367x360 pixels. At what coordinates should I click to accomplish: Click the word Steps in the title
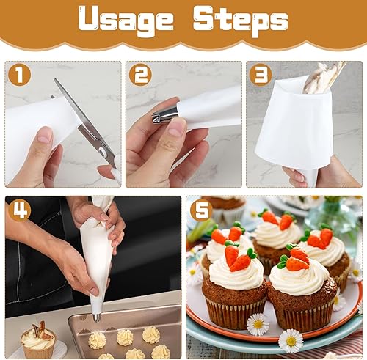[241, 21]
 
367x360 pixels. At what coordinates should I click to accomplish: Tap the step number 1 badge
[19, 75]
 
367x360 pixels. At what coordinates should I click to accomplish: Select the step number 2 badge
[140, 75]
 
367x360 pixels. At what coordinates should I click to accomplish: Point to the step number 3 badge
[261, 75]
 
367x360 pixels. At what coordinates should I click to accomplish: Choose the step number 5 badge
[201, 210]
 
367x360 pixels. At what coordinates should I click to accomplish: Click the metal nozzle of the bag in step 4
[97, 317]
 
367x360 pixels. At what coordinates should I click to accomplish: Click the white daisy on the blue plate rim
[291, 340]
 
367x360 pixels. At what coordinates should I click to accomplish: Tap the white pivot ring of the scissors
[103, 152]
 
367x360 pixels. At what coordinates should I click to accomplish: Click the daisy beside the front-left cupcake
[258, 324]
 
